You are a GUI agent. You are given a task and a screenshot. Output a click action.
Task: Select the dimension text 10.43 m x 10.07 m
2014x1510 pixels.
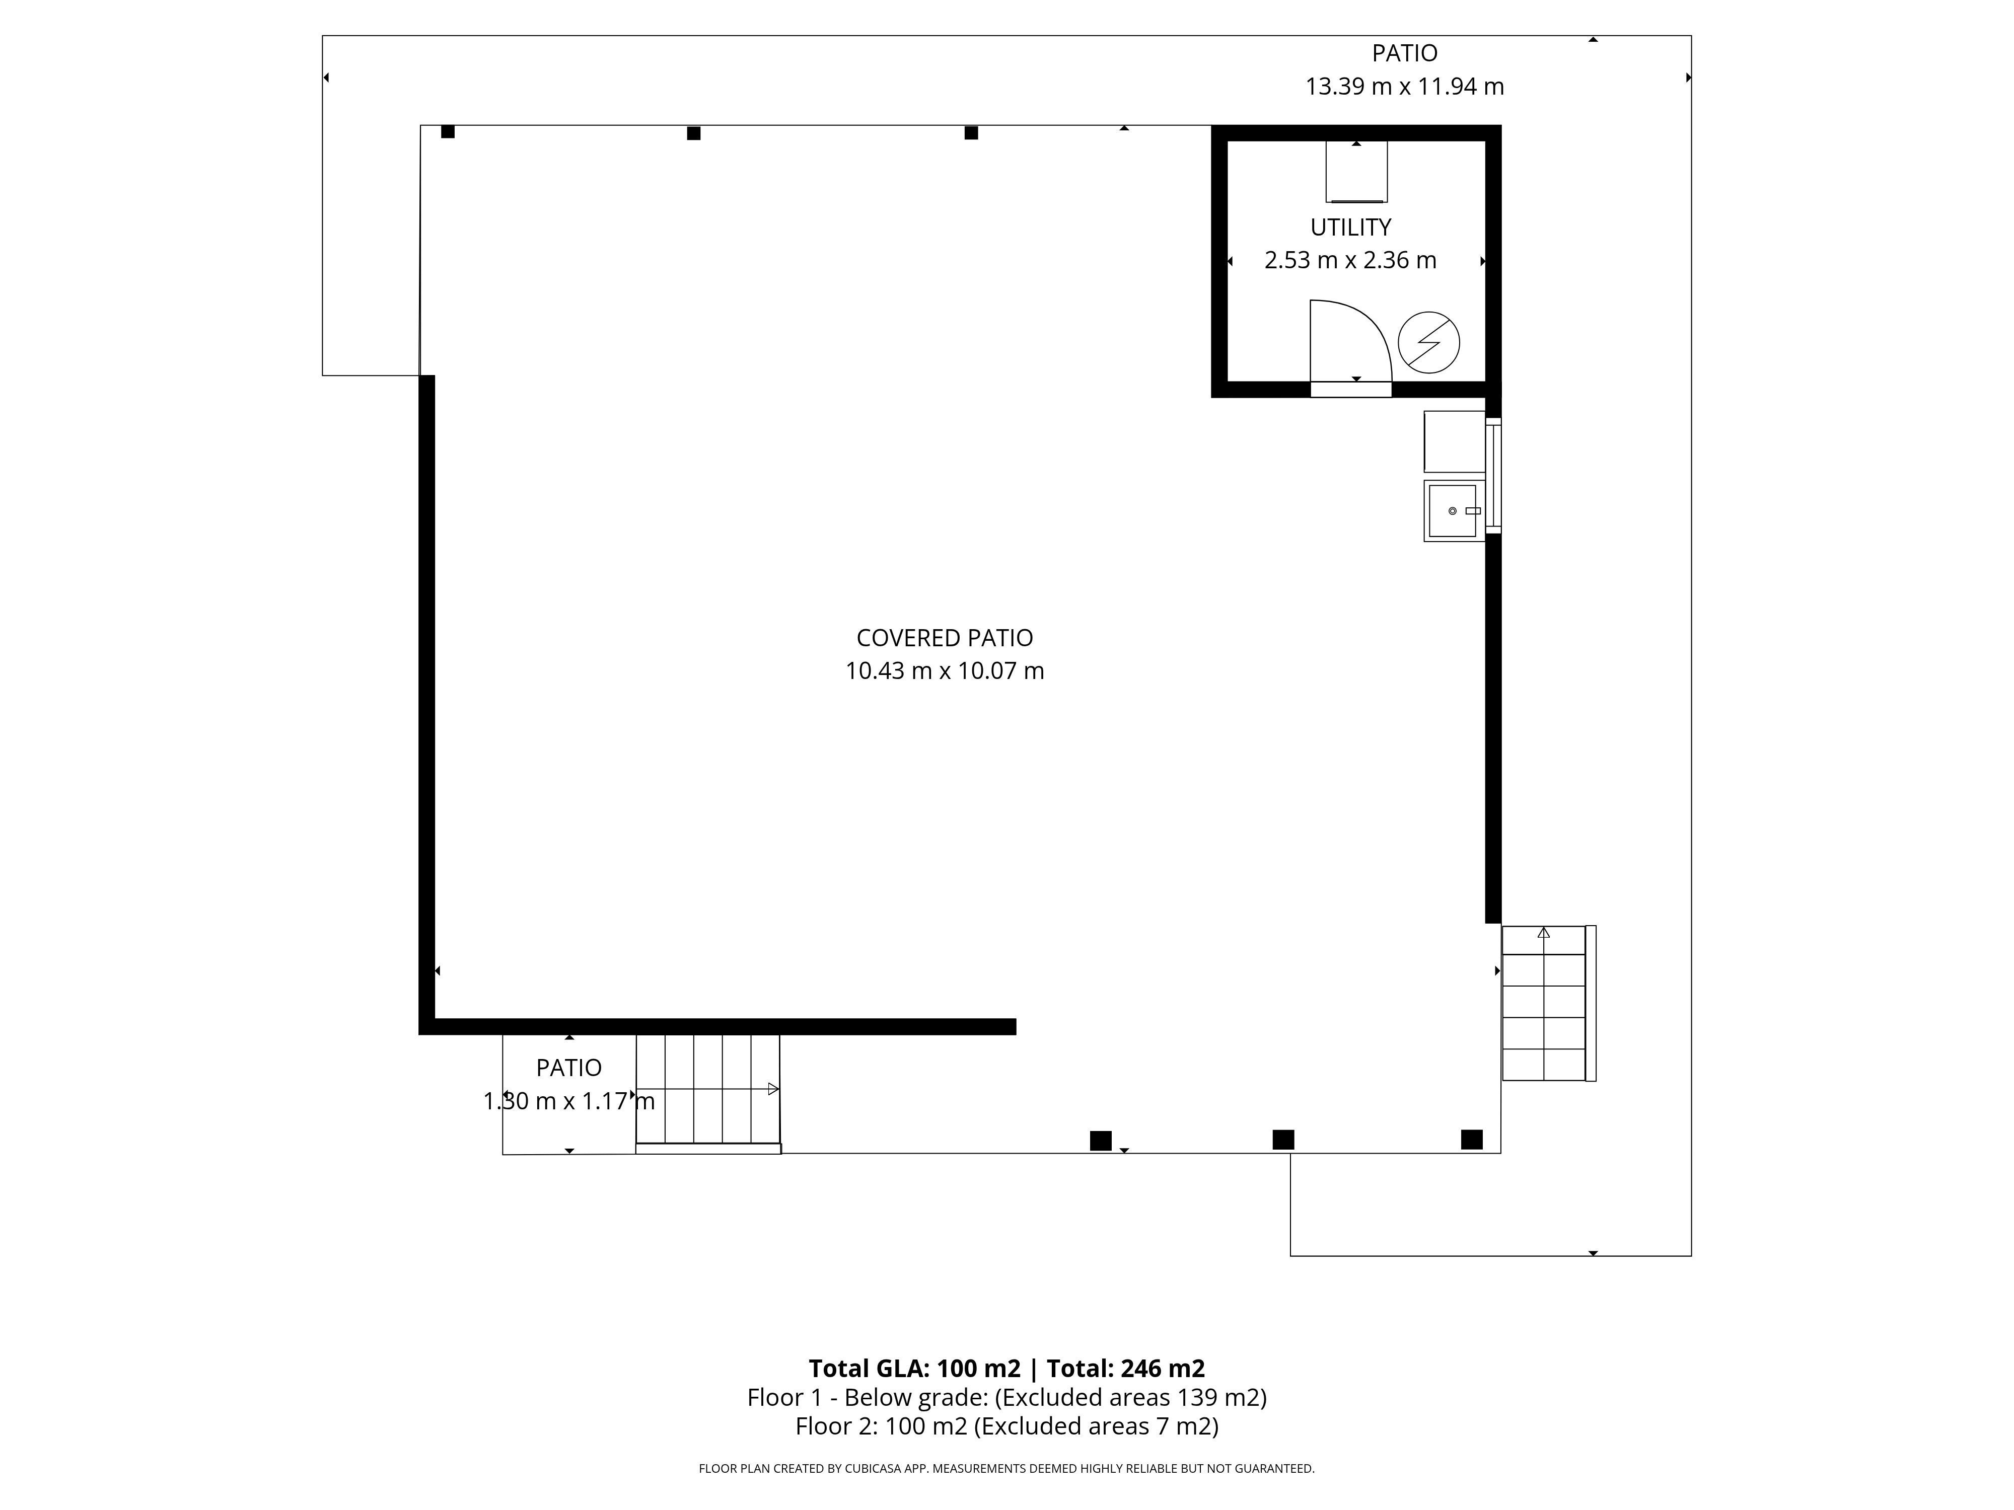[944, 671]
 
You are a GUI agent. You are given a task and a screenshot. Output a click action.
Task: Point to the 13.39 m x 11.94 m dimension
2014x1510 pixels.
[1404, 87]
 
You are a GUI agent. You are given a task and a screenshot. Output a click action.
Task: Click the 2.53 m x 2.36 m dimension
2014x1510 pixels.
[1350, 260]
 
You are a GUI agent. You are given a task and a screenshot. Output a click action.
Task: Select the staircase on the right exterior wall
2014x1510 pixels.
[1548, 1003]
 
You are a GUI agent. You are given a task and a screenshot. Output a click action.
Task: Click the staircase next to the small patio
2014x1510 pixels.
[707, 1092]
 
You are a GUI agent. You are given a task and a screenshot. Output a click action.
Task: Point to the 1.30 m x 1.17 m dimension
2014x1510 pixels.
[569, 1101]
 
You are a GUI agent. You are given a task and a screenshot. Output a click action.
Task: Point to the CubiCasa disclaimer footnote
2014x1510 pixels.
[1007, 1468]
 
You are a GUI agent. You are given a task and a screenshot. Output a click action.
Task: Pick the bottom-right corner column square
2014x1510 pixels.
[1471, 1140]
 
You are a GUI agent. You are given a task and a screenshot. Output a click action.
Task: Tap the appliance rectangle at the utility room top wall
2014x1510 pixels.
[1356, 171]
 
